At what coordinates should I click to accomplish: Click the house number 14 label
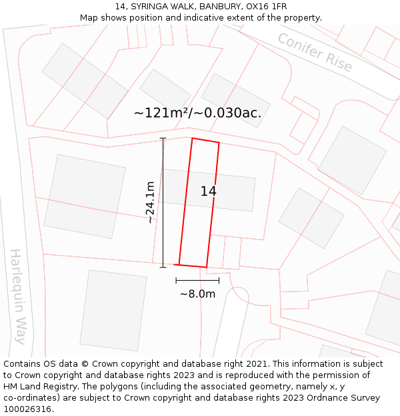208,192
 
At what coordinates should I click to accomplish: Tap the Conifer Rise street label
315,52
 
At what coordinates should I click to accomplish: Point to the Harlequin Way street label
17,296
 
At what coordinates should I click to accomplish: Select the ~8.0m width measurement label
197,294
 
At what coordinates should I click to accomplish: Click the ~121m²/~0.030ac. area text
197,113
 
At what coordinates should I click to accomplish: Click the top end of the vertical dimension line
163,138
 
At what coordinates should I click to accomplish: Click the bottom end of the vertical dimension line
163,268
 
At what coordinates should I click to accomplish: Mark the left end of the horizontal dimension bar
176,281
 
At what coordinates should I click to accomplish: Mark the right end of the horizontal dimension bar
219,281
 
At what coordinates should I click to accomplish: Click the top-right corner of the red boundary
219,142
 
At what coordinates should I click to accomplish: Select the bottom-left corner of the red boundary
179,264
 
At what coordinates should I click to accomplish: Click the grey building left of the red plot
85,196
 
